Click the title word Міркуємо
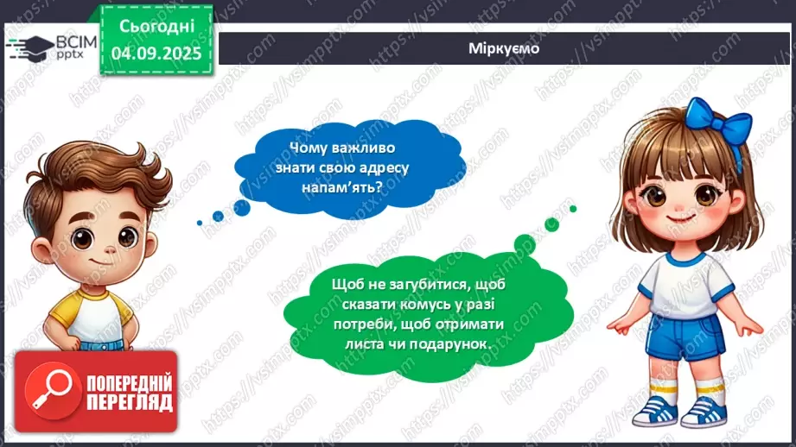[x=506, y=48]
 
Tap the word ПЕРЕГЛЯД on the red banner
[x=130, y=402]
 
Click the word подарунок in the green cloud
[x=454, y=343]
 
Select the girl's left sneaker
[x=704, y=412]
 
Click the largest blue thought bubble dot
[x=241, y=207]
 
